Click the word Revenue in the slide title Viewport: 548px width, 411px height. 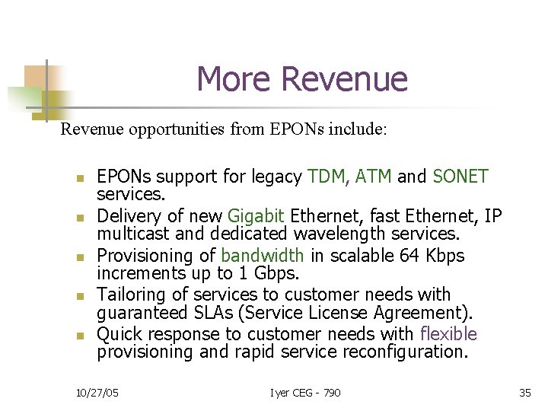(344, 79)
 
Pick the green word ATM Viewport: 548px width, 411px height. (373, 177)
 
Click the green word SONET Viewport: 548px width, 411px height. (460, 177)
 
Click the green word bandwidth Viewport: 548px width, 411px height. (262, 256)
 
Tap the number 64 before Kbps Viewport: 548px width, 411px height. (412, 256)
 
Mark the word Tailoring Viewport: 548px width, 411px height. (132, 295)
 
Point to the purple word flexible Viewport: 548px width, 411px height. (448, 334)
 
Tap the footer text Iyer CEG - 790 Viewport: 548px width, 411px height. (305, 392)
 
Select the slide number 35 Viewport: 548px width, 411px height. (524, 392)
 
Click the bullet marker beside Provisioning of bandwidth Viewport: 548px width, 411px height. (79, 256)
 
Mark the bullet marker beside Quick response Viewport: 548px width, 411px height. (79, 335)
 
